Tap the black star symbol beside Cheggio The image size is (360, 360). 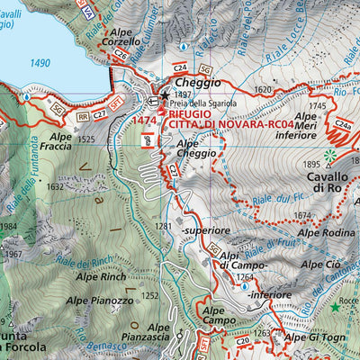coord(165,93)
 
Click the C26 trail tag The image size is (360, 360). coord(120,53)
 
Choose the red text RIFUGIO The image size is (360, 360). coord(190,114)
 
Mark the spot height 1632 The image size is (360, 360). coord(56,186)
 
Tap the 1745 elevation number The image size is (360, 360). coord(317,105)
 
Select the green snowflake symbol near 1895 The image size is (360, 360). coord(330,157)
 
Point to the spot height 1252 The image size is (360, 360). coord(149,295)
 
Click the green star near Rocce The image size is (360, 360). coord(335,308)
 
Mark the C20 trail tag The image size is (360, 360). coord(229,319)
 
